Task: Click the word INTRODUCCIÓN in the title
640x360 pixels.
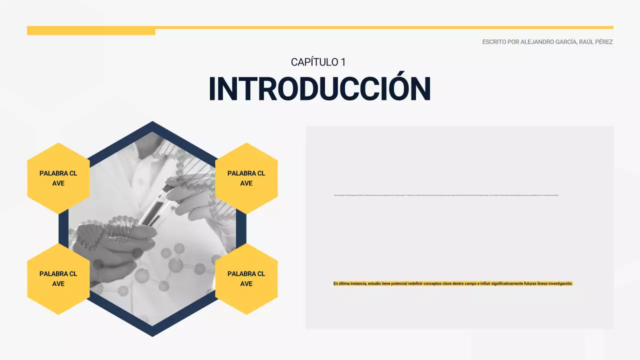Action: coord(319,89)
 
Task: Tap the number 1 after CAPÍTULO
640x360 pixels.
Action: coord(343,62)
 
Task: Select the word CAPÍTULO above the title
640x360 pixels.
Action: coord(314,62)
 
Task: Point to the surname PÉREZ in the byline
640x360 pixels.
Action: coord(602,42)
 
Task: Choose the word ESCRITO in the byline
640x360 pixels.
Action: coord(493,42)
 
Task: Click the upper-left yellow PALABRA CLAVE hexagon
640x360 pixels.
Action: coord(58,178)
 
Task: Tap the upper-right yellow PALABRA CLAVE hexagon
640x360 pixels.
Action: coord(246,178)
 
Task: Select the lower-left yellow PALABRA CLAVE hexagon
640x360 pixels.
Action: coord(58,278)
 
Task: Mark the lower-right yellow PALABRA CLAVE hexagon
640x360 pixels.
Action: coord(246,278)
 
